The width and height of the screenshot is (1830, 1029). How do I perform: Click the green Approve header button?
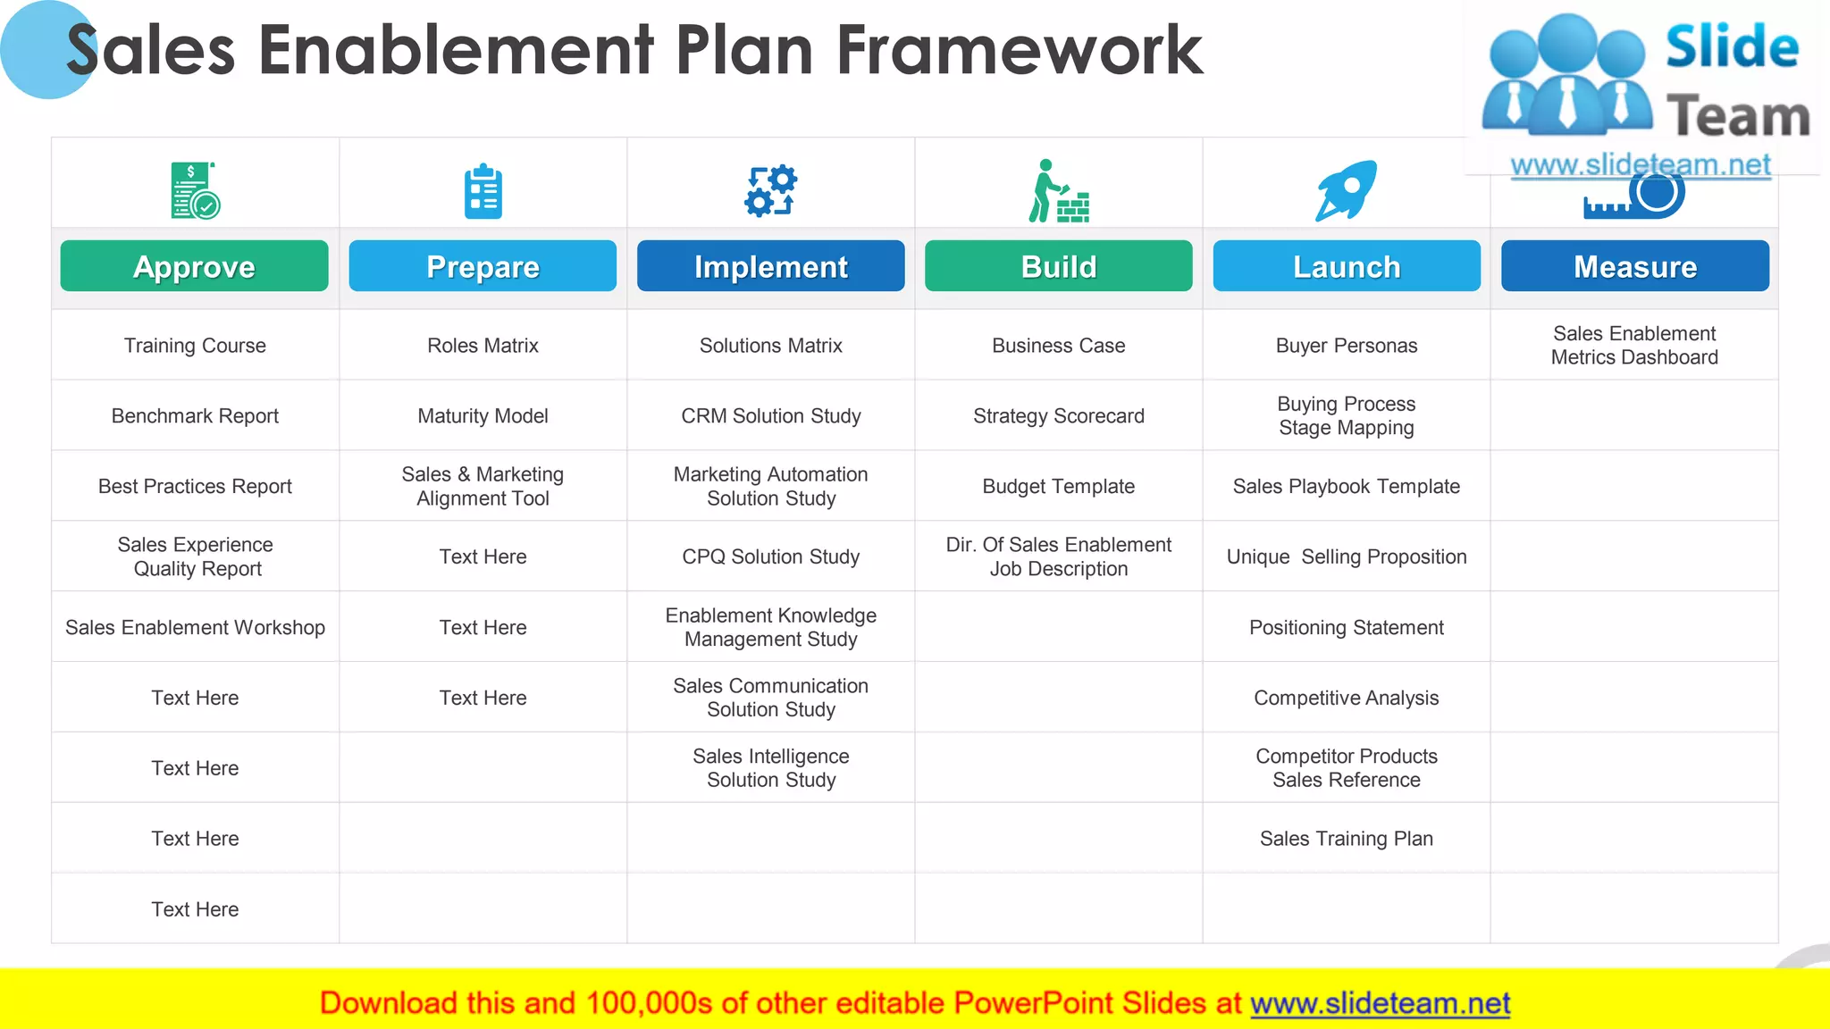pyautogui.click(x=194, y=266)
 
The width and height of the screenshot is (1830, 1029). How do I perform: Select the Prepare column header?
pyautogui.click(x=483, y=266)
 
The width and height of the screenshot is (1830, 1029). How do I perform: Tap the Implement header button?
pyautogui.click(x=770, y=266)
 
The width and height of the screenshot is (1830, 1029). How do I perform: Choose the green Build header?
pyautogui.click(x=1058, y=266)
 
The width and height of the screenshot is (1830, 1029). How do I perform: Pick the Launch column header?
pyautogui.click(x=1347, y=266)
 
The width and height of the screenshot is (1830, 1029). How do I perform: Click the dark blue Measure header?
pyautogui.click(x=1634, y=266)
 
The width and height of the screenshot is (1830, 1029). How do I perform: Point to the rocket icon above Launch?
pyautogui.click(x=1346, y=190)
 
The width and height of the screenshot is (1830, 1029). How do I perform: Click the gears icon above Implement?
pyautogui.click(x=770, y=190)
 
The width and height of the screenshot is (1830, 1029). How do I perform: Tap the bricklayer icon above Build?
pyautogui.click(x=1059, y=191)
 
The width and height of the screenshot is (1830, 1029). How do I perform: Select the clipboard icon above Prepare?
pyautogui.click(x=483, y=191)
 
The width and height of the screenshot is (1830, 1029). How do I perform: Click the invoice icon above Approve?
pyautogui.click(x=195, y=190)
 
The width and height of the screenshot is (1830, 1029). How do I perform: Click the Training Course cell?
pyautogui.click(x=195, y=346)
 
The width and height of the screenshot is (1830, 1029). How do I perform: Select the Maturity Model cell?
pyautogui.click(x=483, y=416)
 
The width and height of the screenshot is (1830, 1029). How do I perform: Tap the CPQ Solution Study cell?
pyautogui.click(x=770, y=557)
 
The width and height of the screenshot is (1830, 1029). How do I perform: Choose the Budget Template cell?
pyautogui.click(x=1058, y=487)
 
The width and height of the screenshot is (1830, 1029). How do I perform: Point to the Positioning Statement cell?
pyautogui.click(x=1346, y=628)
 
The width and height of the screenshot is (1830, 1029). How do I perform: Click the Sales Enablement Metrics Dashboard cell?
pyautogui.click(x=1634, y=346)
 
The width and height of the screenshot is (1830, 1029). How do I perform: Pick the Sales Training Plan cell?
pyautogui.click(x=1346, y=839)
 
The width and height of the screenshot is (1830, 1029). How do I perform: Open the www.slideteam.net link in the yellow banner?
pyautogui.click(x=1380, y=1004)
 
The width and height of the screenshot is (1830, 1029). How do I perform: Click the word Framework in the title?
pyautogui.click(x=1020, y=51)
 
